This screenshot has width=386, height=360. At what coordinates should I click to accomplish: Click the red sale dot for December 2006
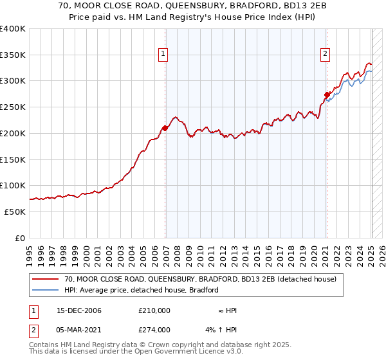165,128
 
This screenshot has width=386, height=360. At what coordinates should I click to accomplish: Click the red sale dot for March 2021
327,94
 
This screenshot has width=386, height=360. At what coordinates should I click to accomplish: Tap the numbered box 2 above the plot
326,54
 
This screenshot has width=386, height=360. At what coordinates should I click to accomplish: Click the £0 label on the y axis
20,238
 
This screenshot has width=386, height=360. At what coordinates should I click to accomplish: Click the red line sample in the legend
46,280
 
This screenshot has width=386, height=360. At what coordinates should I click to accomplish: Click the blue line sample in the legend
46,290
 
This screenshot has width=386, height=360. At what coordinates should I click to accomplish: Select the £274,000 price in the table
154,330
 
